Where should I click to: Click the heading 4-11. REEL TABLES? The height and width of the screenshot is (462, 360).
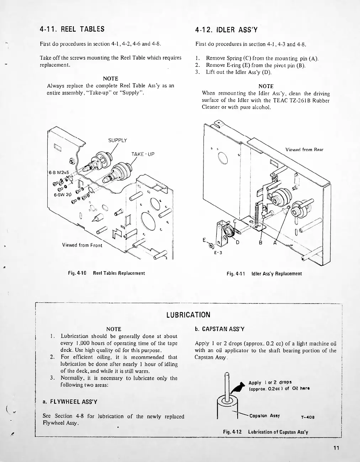coord(72,29)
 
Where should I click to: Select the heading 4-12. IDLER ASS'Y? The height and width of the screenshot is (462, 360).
coord(226,30)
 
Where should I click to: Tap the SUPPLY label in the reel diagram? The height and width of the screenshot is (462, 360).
coord(117,140)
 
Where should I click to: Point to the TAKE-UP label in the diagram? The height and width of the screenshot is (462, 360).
coord(143,154)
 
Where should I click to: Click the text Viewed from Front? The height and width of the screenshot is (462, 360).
coord(82,245)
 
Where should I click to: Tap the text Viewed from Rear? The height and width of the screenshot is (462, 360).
coord(304,150)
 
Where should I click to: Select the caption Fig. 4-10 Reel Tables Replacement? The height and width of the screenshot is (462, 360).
coord(106,273)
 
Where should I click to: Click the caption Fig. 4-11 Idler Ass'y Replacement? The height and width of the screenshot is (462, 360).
coord(264,274)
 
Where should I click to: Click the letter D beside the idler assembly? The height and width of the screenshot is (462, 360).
coord(237,243)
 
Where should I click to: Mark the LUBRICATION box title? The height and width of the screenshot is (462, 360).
coord(188,315)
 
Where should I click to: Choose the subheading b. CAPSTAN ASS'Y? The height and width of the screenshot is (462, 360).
coord(219,329)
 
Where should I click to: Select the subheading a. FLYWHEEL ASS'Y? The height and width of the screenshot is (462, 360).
coord(70,402)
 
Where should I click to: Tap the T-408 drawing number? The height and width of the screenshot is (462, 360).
coord(308,417)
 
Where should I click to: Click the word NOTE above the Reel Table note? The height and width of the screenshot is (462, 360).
coord(110,79)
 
